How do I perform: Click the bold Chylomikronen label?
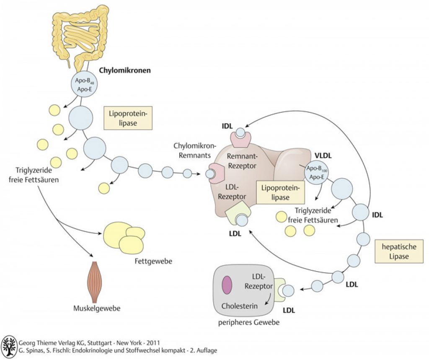[x=125, y=70]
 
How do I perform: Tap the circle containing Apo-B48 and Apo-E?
[x=85, y=85]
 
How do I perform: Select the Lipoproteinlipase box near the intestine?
[x=128, y=118]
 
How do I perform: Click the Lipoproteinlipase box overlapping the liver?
[x=280, y=193]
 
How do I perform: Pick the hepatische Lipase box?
[x=399, y=251]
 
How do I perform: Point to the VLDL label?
[x=323, y=155]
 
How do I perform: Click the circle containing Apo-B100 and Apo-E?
[x=317, y=173]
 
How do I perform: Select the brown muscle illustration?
[x=94, y=282]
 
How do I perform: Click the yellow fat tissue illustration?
[x=124, y=237]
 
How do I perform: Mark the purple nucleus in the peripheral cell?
[x=227, y=285]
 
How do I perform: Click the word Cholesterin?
[x=239, y=306]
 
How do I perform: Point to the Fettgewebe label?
[x=153, y=261]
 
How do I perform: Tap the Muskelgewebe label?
[x=97, y=308]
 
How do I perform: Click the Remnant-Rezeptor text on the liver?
[x=242, y=161]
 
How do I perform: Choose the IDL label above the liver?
[x=227, y=126]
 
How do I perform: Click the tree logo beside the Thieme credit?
[x=9, y=347]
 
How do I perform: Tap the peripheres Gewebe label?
[x=249, y=323]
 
